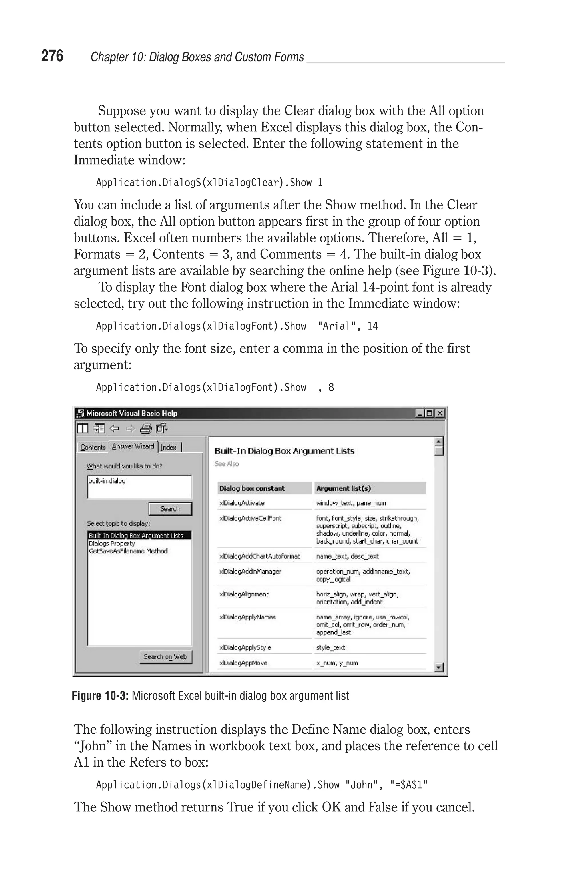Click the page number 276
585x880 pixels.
coord(52,56)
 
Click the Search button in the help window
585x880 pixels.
coord(170,509)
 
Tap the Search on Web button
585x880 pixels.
coord(165,657)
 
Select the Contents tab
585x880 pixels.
coord(93,447)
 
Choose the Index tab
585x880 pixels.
coord(169,447)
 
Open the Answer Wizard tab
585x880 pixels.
coord(133,446)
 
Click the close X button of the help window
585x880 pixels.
coord(440,413)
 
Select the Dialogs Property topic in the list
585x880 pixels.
coord(112,543)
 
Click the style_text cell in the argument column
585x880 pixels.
coord(330,648)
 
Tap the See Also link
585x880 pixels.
coord(227,464)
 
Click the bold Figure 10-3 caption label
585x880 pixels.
coord(100,696)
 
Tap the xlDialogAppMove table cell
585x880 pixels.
coord(243,663)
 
